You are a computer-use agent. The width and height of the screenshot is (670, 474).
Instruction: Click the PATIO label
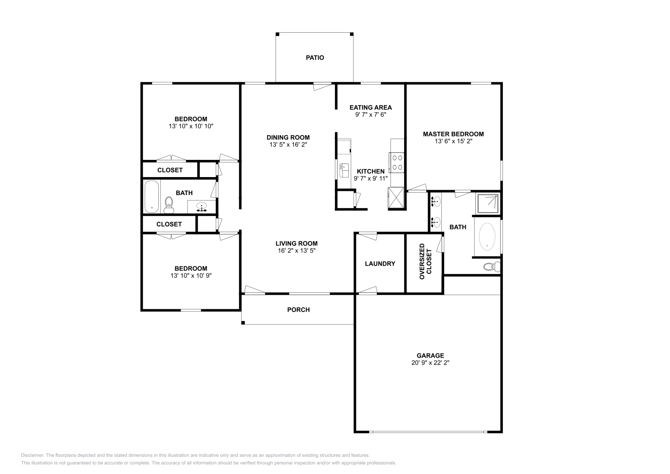point(314,58)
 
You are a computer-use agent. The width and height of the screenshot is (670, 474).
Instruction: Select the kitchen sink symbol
point(345,170)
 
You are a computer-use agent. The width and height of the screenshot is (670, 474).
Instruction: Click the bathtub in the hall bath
point(151,196)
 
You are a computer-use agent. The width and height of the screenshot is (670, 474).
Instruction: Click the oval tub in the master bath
point(487,236)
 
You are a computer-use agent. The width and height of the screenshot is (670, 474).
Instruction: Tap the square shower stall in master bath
point(487,203)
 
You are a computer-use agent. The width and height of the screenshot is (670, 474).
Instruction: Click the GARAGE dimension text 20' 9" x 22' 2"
point(430,363)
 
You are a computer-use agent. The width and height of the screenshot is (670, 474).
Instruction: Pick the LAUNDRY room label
point(380,264)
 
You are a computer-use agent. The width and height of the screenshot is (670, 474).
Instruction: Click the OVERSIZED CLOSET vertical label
point(425,262)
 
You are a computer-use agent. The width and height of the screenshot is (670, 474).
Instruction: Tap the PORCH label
point(298,310)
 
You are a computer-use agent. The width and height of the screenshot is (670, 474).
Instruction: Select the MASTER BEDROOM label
point(453,134)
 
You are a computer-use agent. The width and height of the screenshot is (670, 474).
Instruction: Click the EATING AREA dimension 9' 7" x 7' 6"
point(370,114)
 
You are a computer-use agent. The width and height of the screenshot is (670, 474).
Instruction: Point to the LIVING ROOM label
point(296,243)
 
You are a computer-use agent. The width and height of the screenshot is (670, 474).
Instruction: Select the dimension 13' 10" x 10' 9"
point(191,276)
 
